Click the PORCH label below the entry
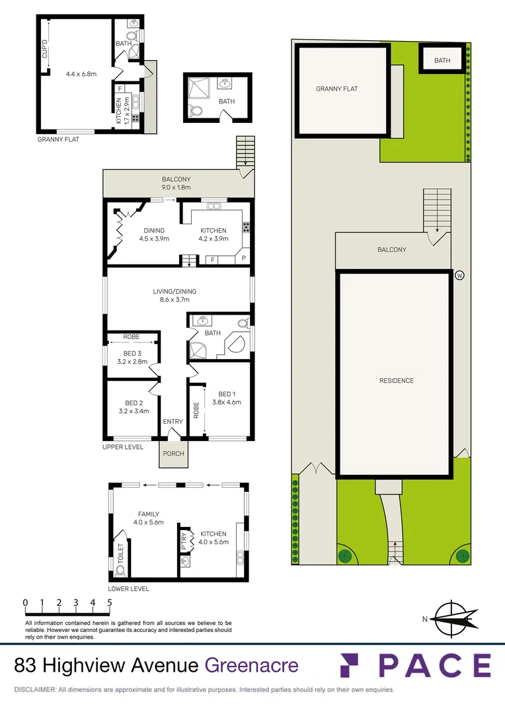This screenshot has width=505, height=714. click(x=173, y=454)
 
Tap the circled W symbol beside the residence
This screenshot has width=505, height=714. click(x=459, y=275)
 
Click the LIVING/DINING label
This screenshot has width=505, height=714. click(x=175, y=291)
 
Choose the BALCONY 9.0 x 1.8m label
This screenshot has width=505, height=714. click(x=176, y=187)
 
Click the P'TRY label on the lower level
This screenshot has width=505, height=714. click(x=184, y=543)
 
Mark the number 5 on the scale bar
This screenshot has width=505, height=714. click(x=110, y=603)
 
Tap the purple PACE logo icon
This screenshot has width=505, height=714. click(x=353, y=665)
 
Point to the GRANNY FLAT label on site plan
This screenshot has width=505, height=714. click(x=336, y=89)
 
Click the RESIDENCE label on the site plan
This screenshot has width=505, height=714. click(x=397, y=381)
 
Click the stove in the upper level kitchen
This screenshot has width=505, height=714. click(x=246, y=227)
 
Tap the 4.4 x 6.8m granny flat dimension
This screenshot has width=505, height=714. click(x=81, y=74)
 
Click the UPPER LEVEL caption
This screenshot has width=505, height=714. click(x=123, y=448)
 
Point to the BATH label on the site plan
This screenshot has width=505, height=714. click(x=442, y=61)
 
